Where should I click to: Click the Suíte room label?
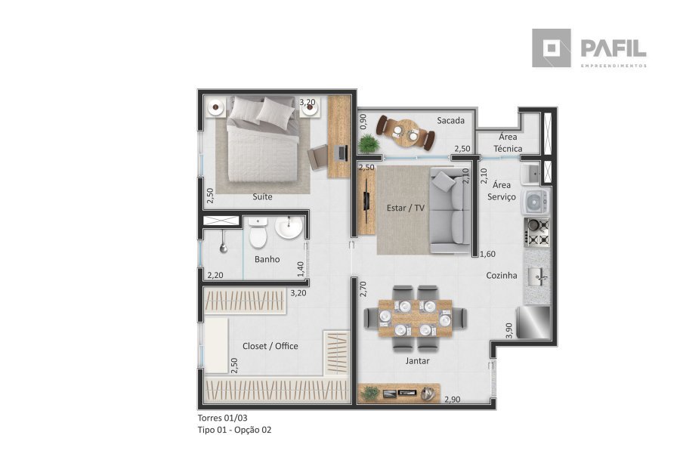point(262,196)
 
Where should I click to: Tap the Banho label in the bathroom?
point(267,259)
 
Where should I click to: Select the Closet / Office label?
point(270,346)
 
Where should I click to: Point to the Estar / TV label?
point(406,208)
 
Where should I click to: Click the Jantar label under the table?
point(417,361)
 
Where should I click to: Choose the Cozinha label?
point(502,275)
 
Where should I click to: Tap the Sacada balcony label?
point(450,121)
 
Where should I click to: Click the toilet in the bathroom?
point(258,233)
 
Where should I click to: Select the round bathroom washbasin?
point(289,227)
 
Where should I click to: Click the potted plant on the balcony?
point(369,144)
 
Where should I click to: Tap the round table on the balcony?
point(406,133)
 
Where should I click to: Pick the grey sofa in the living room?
point(450,211)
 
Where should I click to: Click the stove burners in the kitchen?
point(537,233)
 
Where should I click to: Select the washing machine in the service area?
point(536,202)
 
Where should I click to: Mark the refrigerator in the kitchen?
point(533,322)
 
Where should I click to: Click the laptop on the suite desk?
point(342,153)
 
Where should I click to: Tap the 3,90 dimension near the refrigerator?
point(509,330)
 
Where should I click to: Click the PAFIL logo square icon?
point(552,48)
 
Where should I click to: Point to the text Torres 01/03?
point(222,418)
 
